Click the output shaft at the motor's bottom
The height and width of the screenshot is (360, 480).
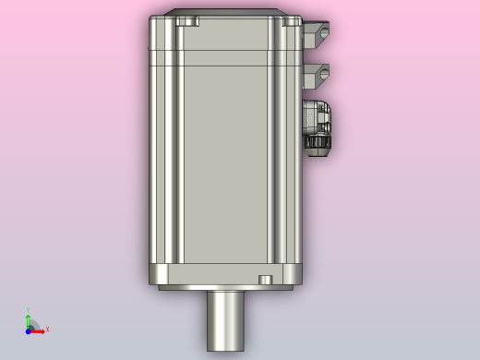pyautogui.click(x=226, y=319)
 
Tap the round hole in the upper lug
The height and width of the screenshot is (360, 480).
pyautogui.click(x=324, y=33)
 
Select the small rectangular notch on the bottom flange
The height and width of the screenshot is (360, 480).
pyautogui.click(x=265, y=279)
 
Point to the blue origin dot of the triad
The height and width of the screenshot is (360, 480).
pyautogui.click(x=29, y=330)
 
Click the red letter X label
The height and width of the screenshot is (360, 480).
pyautogui.click(x=47, y=330)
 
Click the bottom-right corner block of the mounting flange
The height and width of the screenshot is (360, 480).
pyautogui.click(x=294, y=274)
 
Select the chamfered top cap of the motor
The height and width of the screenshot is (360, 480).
pyautogui.click(x=226, y=13)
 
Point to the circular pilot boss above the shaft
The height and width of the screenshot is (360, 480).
pyautogui.click(x=226, y=288)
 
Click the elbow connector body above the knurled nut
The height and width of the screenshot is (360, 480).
pyautogui.click(x=318, y=116)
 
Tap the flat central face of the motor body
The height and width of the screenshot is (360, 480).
pyautogui.click(x=226, y=166)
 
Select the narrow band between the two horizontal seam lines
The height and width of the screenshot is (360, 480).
pyautogui.click(x=226, y=57)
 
